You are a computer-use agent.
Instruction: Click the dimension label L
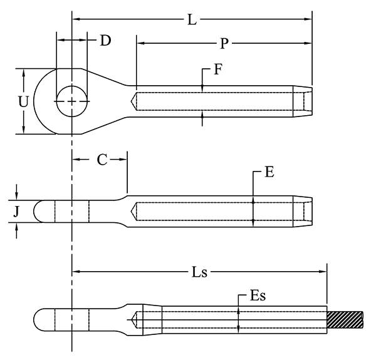(x=192, y=19)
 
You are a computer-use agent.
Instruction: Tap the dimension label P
(x=224, y=43)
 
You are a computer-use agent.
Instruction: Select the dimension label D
(x=105, y=41)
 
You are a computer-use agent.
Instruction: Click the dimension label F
(x=217, y=69)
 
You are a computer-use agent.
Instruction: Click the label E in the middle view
(x=269, y=172)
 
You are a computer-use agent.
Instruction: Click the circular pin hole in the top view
(x=72, y=101)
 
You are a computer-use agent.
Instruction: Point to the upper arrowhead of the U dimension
(x=24, y=72)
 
